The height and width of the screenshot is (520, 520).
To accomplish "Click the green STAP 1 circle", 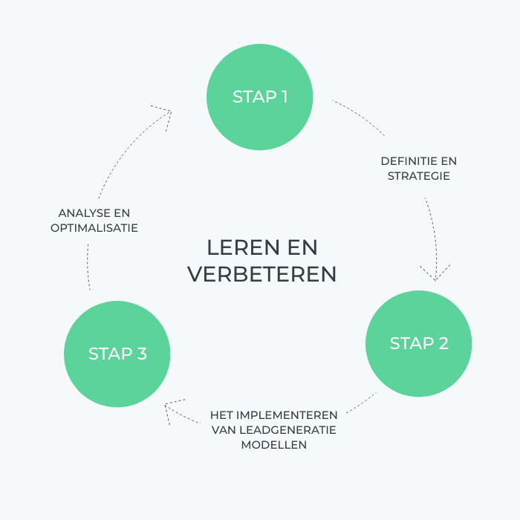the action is tap(260, 97).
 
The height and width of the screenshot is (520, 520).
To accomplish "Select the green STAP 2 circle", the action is tap(418, 343).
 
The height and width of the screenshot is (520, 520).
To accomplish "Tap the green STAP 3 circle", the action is tap(117, 354).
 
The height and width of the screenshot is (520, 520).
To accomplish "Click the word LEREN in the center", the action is tap(244, 247).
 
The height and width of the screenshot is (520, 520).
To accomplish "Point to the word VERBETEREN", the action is tap(262, 274).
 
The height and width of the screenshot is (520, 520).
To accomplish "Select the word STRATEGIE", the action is tap(418, 176).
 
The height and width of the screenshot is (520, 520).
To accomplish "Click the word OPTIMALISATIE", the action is tap(94, 228).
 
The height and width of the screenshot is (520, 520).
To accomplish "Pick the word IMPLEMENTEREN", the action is tap(287, 415).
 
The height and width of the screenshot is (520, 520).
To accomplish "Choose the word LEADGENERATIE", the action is tap(288, 430).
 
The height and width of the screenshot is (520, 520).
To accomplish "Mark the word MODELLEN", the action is tap(274, 445).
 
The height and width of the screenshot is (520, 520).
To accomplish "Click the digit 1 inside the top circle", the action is tap(285, 97).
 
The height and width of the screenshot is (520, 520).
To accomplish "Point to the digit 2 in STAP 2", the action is tap(443, 343).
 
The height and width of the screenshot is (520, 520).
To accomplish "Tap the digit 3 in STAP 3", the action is tap(142, 354).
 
